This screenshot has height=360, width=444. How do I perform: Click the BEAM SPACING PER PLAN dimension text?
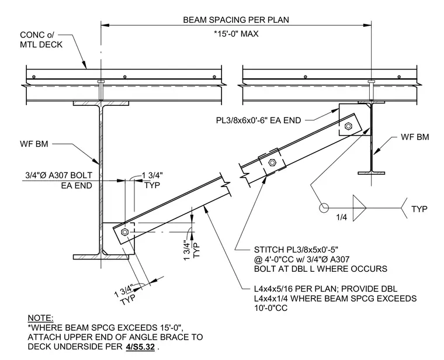point(236,20)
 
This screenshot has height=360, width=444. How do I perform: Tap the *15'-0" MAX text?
point(236,34)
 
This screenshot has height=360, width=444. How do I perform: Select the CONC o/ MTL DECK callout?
point(41,40)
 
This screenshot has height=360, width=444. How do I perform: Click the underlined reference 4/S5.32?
point(140,347)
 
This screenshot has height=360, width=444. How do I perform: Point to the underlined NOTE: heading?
point(40,318)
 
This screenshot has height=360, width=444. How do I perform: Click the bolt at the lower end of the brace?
point(124,232)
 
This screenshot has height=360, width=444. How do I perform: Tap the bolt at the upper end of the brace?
point(348,126)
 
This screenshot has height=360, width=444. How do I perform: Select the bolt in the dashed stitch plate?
point(272,162)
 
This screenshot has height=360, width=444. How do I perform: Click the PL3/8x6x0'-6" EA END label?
point(258,120)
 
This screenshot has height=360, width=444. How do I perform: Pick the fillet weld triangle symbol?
point(359,208)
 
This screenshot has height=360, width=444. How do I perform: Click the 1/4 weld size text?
point(342,217)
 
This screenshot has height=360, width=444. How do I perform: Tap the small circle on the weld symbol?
point(324,208)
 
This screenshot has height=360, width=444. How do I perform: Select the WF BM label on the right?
point(415,137)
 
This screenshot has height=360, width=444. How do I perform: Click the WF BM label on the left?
point(34,144)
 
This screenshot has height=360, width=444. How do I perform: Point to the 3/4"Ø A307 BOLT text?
point(59,175)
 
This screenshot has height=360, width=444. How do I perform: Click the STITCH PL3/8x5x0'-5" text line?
point(296,250)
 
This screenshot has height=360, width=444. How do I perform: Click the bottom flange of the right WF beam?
point(371,173)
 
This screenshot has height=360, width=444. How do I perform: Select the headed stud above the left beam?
point(101,90)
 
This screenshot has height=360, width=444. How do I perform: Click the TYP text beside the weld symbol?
point(419,209)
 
